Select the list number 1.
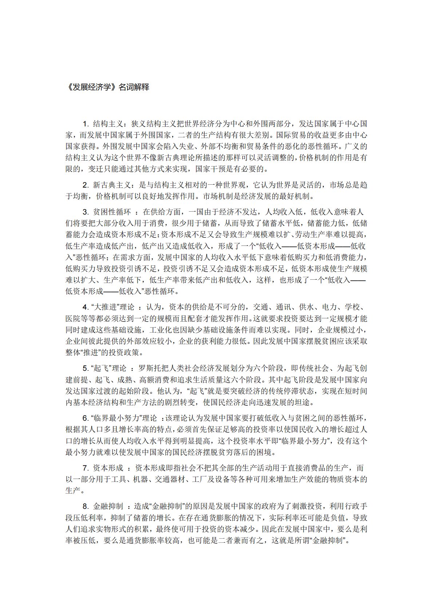(x=86, y=123)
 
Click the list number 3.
(x=86, y=212)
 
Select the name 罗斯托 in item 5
(x=149, y=369)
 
